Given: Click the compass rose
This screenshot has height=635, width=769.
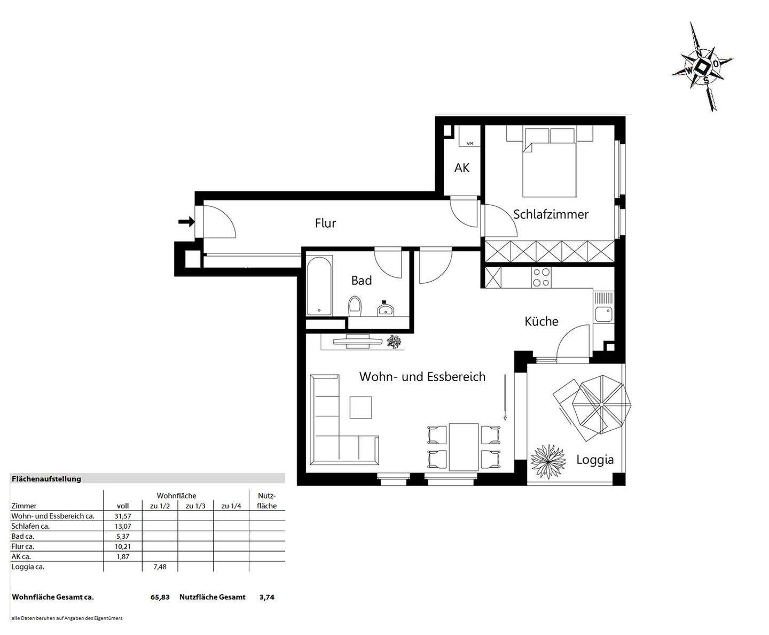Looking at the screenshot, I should tap(702, 67).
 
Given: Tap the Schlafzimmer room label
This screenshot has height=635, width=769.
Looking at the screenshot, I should tap(551, 214).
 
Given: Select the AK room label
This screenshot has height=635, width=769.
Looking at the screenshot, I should tap(462, 168).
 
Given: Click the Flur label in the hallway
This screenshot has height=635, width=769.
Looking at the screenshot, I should tap(325, 223).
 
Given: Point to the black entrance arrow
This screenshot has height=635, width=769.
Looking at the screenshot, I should tap(186, 221).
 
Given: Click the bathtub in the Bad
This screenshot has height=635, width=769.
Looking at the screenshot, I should tap(319, 286).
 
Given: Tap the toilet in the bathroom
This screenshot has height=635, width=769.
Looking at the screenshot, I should tap(355, 307).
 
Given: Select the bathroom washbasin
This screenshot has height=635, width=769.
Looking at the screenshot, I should tap(385, 308).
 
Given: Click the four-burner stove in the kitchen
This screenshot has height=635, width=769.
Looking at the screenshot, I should tap(541, 277).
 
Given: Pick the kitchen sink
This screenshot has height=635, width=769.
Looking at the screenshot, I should tap(604, 314).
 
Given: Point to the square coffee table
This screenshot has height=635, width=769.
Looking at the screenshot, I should tap(360, 407).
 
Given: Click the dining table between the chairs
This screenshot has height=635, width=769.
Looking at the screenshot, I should tap(464, 446).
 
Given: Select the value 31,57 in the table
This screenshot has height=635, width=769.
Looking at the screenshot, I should tap(123, 516).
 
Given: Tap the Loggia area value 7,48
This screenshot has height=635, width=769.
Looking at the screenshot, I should tap(160, 567).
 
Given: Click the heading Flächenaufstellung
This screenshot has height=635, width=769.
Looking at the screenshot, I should tap(46, 479).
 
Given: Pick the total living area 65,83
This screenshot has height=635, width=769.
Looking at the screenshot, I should tap(160, 597).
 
